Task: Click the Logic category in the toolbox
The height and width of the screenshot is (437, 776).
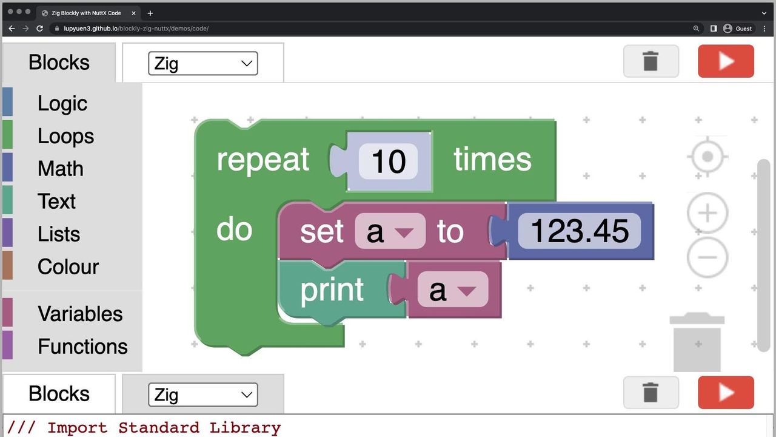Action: pyautogui.click(x=62, y=103)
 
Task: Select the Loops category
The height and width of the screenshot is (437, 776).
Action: pyautogui.click(x=65, y=136)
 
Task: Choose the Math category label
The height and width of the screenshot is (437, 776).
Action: pyautogui.click(x=60, y=169)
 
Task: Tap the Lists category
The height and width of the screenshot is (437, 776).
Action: pyautogui.click(x=58, y=234)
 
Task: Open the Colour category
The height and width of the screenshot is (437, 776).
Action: pyautogui.click(x=68, y=266)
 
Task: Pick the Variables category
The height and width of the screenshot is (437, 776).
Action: pyautogui.click(x=79, y=314)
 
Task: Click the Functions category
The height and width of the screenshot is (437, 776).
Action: pyautogui.click(x=82, y=347)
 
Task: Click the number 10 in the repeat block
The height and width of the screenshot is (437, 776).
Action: pyautogui.click(x=388, y=161)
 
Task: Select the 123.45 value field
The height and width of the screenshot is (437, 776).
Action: pyautogui.click(x=579, y=231)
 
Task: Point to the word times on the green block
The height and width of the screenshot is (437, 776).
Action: pyautogui.click(x=492, y=160)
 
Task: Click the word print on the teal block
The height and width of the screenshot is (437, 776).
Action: pyautogui.click(x=332, y=290)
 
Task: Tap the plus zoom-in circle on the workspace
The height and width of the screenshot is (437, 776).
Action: pyautogui.click(x=707, y=213)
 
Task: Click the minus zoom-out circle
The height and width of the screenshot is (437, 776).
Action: pyautogui.click(x=707, y=257)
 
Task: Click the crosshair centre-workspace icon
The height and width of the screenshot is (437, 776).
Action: pyautogui.click(x=707, y=157)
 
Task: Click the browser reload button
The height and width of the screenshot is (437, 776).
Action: pyautogui.click(x=40, y=29)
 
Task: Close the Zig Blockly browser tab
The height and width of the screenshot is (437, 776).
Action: pyautogui.click(x=133, y=13)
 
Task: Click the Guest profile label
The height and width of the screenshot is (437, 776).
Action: pyautogui.click(x=743, y=29)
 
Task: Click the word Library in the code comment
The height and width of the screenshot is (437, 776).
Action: pyautogui.click(x=245, y=427)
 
